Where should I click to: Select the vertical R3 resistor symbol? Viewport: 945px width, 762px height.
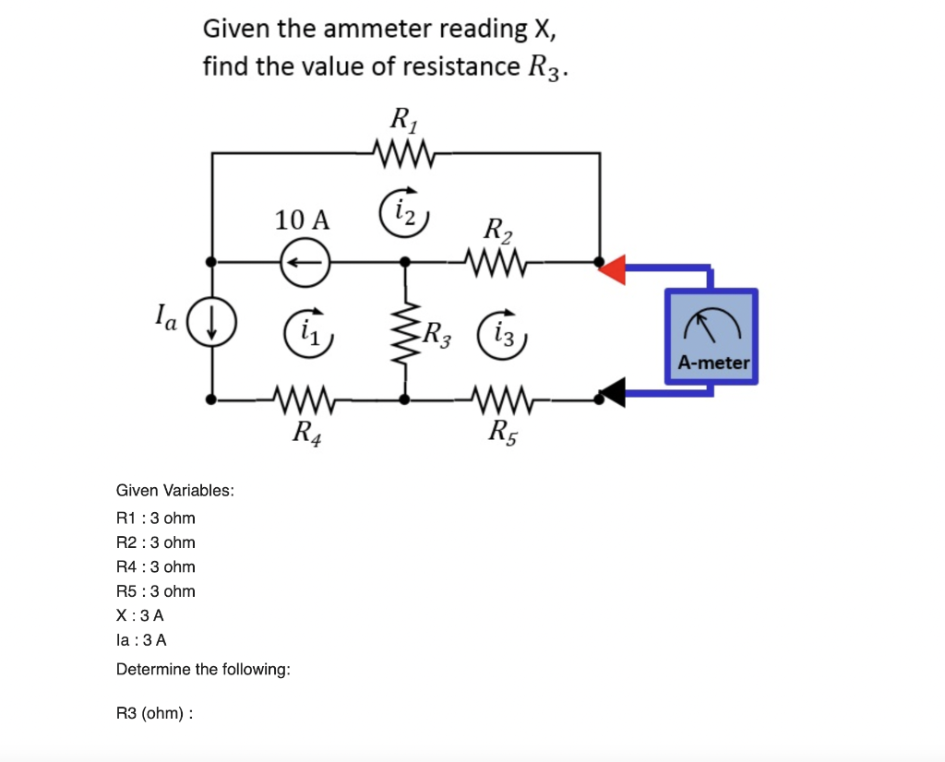click(x=404, y=330)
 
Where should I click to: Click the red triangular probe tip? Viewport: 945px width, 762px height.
click(x=613, y=268)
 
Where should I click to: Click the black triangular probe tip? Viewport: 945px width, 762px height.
click(x=612, y=392)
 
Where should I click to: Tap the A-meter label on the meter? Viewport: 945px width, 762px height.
click(x=713, y=363)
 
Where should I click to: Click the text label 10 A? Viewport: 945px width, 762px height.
click(x=302, y=220)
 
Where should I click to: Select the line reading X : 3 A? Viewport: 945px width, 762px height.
click(x=140, y=615)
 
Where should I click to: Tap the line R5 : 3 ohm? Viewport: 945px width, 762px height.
click(x=155, y=591)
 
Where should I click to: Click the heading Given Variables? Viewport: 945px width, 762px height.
click(x=174, y=490)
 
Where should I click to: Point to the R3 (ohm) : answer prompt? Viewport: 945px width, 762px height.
click(x=154, y=713)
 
